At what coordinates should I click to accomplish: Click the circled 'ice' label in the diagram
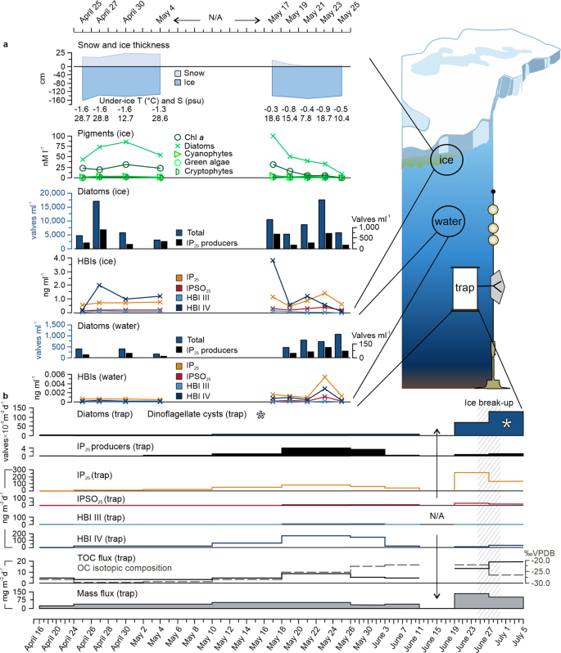pyautogui.click(x=446, y=161)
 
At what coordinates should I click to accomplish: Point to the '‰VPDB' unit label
pyautogui.click(x=535, y=552)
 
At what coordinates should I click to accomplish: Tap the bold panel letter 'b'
pyautogui.click(x=7, y=398)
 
